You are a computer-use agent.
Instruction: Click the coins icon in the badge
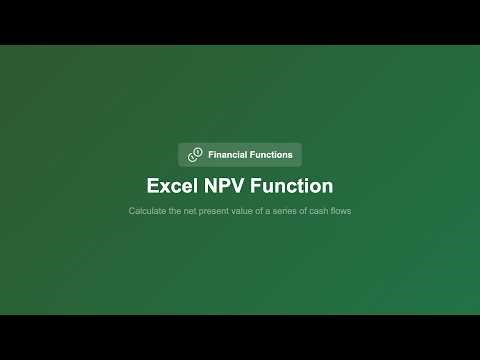[x=195, y=155]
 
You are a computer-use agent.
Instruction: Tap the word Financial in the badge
[x=229, y=155]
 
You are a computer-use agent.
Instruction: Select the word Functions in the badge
[x=272, y=155]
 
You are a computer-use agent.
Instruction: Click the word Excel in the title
[x=172, y=186]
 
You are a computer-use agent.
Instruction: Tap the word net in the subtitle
[x=188, y=211]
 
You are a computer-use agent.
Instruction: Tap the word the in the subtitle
[x=173, y=211]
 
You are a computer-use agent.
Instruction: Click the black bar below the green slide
[x=240, y=337]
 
